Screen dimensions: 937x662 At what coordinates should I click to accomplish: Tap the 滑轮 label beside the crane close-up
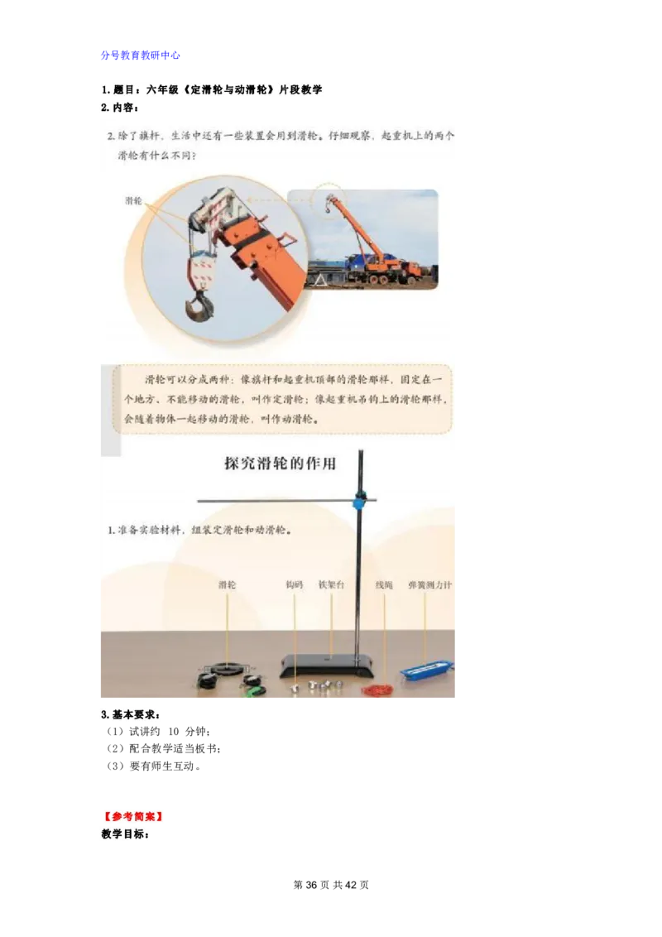pyautogui.click(x=133, y=201)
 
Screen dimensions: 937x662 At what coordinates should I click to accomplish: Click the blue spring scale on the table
pyautogui.click(x=427, y=667)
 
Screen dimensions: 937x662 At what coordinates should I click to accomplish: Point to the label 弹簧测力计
pyautogui.click(x=429, y=585)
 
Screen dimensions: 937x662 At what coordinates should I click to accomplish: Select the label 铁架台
pyautogui.click(x=331, y=585)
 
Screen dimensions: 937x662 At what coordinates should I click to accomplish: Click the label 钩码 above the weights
pyautogui.click(x=295, y=585)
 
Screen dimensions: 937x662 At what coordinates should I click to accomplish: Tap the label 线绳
pyautogui.click(x=384, y=585)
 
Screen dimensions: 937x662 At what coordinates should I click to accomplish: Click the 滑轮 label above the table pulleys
pyautogui.click(x=227, y=585)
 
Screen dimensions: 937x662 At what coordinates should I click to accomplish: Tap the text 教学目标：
pyautogui.click(x=125, y=834)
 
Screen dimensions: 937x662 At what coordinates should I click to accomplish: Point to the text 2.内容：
pyautogui.click(x=121, y=108)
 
